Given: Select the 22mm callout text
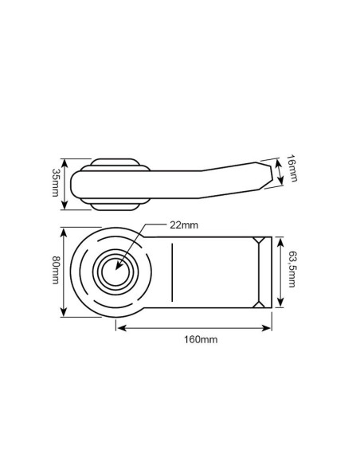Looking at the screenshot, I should click(x=184, y=225).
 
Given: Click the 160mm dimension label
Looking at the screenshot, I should click(x=201, y=339).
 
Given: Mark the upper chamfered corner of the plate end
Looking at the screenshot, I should click(x=260, y=240).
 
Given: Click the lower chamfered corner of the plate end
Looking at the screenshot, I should click(x=260, y=303).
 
